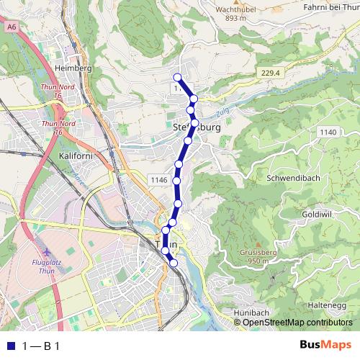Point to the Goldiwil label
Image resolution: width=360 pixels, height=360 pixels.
coord(315,215)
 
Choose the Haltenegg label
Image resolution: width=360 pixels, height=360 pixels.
coord(326,305)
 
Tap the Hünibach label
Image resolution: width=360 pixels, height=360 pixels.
coord(251,312)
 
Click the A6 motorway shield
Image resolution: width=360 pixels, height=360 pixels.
coord(11,27)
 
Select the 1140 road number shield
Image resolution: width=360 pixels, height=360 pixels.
coord(328,132)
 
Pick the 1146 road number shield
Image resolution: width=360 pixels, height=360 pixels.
coord(159,179)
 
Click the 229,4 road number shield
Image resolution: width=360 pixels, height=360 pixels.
coord(270,73)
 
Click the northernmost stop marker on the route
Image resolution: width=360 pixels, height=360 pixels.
coord(177,78)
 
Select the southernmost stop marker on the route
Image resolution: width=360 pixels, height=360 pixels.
coord(173,263)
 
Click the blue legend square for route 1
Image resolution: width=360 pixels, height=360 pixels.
coord(10,346)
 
